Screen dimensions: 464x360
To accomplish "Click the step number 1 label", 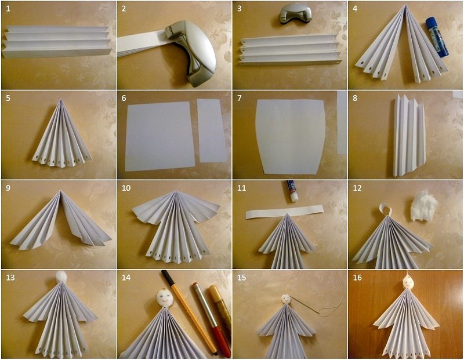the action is [x=8, y=9].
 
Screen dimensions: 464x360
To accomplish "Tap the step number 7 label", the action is [x=240, y=98].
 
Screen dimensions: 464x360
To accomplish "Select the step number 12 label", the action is [x=357, y=188].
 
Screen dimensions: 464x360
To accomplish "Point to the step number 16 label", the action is [x=357, y=278].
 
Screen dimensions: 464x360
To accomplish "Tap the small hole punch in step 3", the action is [x=293, y=14].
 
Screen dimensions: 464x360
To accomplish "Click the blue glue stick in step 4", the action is [x=437, y=37].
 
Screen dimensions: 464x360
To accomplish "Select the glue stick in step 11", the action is [x=292, y=191].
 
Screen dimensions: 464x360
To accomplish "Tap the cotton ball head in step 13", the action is [x=62, y=276].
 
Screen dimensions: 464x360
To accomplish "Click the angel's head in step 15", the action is [x=285, y=299].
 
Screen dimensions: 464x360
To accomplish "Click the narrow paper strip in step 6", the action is [x=211, y=130].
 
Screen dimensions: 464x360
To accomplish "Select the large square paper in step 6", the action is [x=160, y=136].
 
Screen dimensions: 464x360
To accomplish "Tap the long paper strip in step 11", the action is [x=284, y=212].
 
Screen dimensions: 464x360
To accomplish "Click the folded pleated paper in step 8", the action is [x=409, y=134].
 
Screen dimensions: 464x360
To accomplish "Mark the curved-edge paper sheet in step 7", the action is [x=291, y=136].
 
